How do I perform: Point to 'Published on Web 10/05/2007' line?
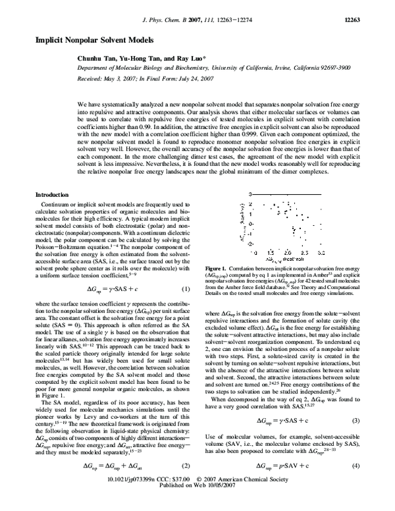tap(197, 504)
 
